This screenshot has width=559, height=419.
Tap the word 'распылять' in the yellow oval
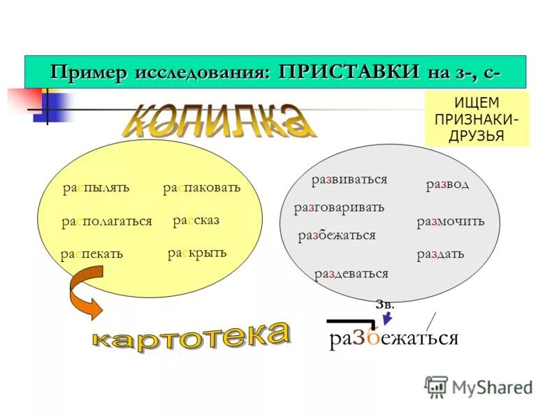tap(96, 188)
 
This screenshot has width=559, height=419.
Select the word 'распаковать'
tap(201, 187)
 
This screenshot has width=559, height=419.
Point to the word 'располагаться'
tap(106, 221)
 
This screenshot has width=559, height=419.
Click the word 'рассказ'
tap(196, 220)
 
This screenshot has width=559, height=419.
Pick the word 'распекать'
tap(92, 253)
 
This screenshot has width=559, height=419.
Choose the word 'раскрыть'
tap(197, 252)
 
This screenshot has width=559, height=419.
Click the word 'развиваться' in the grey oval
tap(349, 179)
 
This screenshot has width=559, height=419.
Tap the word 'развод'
tap(447, 184)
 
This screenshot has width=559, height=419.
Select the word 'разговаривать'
tap(339, 207)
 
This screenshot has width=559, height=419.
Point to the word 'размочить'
tap(450, 221)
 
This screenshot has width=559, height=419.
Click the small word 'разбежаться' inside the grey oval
tap(337, 235)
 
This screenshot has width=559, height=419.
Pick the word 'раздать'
tap(440, 253)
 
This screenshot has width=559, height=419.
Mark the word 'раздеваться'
tap(351, 273)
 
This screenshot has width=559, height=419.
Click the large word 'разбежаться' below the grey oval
tap(393, 338)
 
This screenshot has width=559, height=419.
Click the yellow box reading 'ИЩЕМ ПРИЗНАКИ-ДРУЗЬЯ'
tap(477, 119)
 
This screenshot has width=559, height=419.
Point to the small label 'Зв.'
tap(385, 304)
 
